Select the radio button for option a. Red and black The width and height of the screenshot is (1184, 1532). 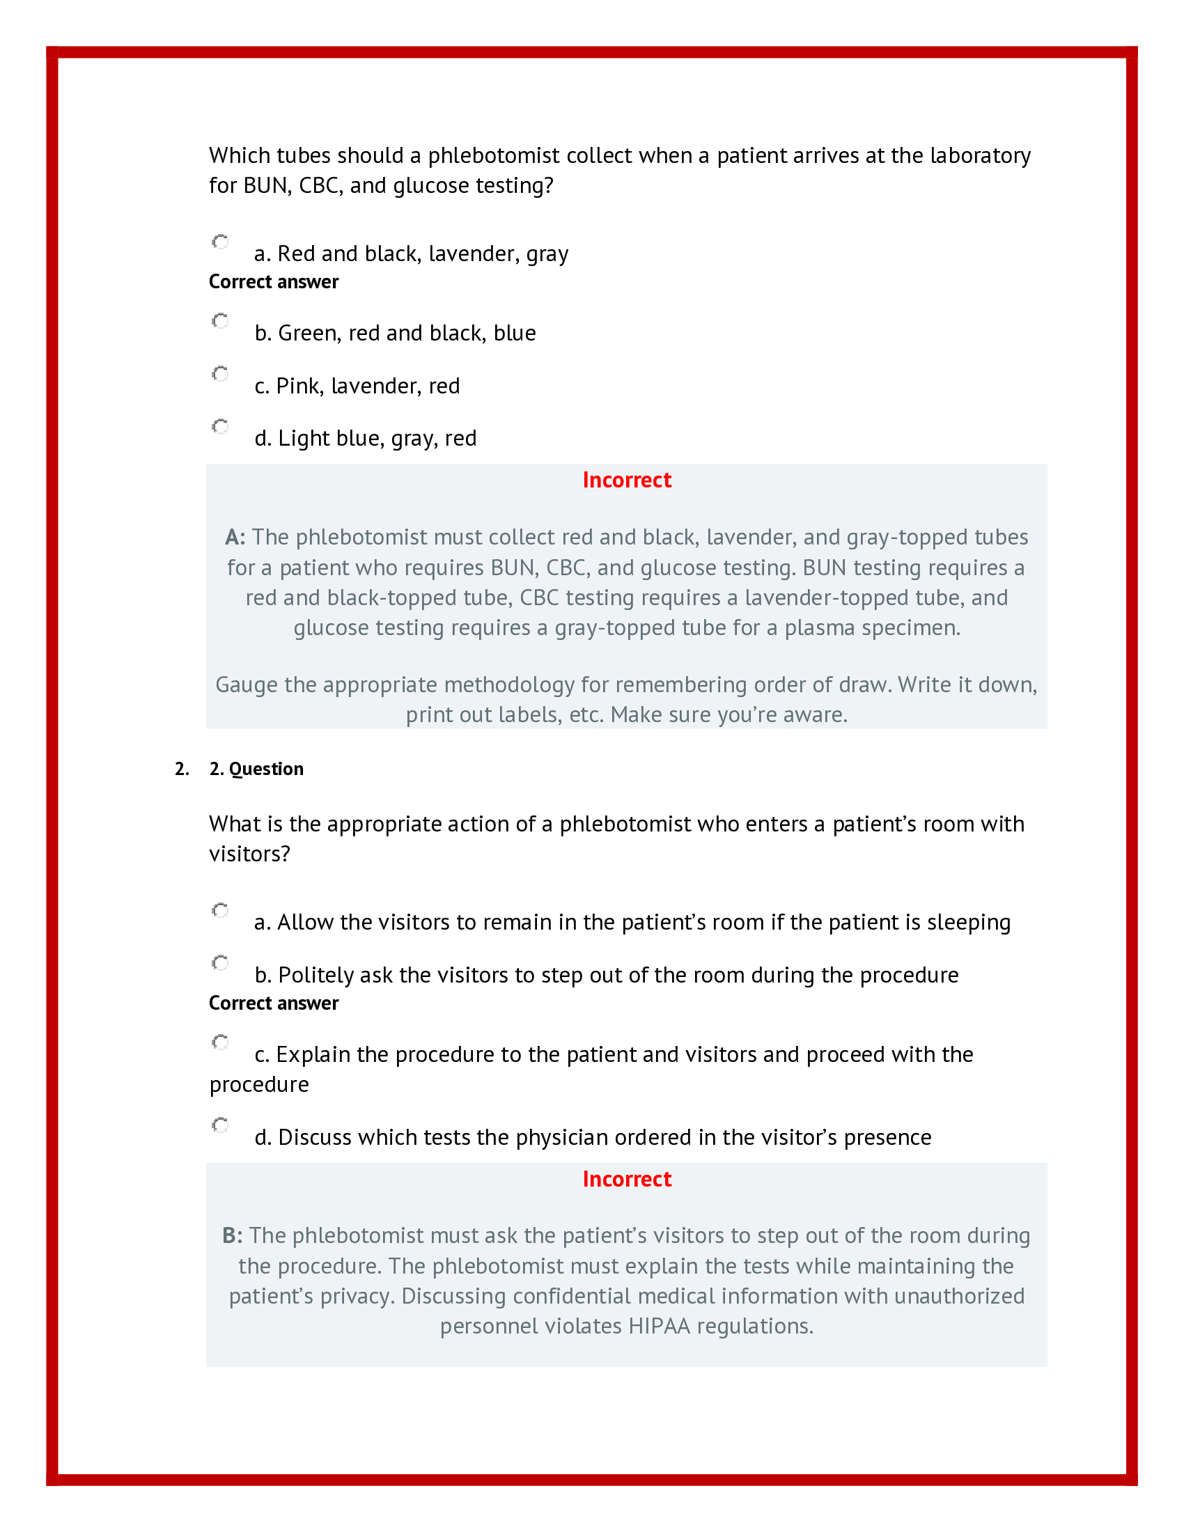tap(220, 242)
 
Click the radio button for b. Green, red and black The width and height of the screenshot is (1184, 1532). tap(220, 321)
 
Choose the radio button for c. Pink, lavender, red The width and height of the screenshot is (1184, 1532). tap(220, 374)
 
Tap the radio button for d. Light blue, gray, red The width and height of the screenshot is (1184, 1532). tap(220, 426)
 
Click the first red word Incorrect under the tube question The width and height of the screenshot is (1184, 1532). tap(626, 480)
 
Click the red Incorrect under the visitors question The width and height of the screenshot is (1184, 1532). tap(626, 1179)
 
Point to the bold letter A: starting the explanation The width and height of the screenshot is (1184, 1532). tap(235, 538)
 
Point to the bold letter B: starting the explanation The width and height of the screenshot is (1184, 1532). tap(232, 1236)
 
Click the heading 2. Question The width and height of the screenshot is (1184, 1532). tap(256, 769)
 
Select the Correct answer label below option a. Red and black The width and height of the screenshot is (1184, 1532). tap(274, 282)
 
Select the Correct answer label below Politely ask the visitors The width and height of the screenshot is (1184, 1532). tap(274, 1003)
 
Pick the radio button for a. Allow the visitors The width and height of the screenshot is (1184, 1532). tap(220, 911)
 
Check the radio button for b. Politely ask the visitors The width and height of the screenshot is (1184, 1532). tap(220, 963)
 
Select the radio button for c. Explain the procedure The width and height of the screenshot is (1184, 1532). tap(220, 1042)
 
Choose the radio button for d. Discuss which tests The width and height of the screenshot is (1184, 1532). tap(220, 1125)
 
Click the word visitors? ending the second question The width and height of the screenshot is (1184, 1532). tap(249, 854)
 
